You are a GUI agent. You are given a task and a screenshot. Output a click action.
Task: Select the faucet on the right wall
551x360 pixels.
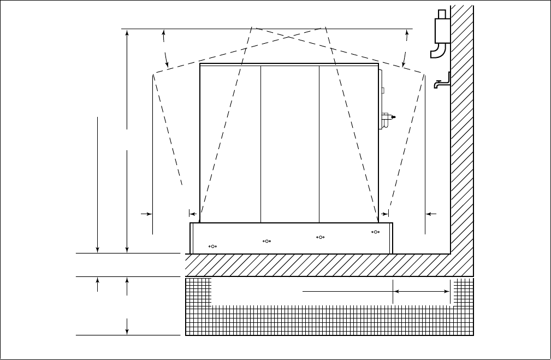[x=441, y=82]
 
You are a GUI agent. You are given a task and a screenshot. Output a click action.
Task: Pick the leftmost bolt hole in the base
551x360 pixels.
[x=213, y=246]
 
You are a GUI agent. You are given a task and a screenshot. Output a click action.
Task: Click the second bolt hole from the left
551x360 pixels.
[x=266, y=241]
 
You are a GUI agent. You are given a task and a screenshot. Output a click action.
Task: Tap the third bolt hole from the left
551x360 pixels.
[x=321, y=237]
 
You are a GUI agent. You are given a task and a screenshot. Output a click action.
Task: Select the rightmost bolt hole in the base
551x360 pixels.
[x=375, y=232]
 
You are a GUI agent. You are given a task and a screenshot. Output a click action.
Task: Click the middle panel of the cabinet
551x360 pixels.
[x=289, y=142]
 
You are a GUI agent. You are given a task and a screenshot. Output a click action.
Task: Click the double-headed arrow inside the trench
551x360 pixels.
[x=421, y=292]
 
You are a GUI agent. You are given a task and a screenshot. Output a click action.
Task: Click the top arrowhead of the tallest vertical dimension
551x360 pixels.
[x=127, y=33]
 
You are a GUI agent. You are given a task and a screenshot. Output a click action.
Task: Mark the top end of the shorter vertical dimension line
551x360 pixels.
[x=98, y=116]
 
